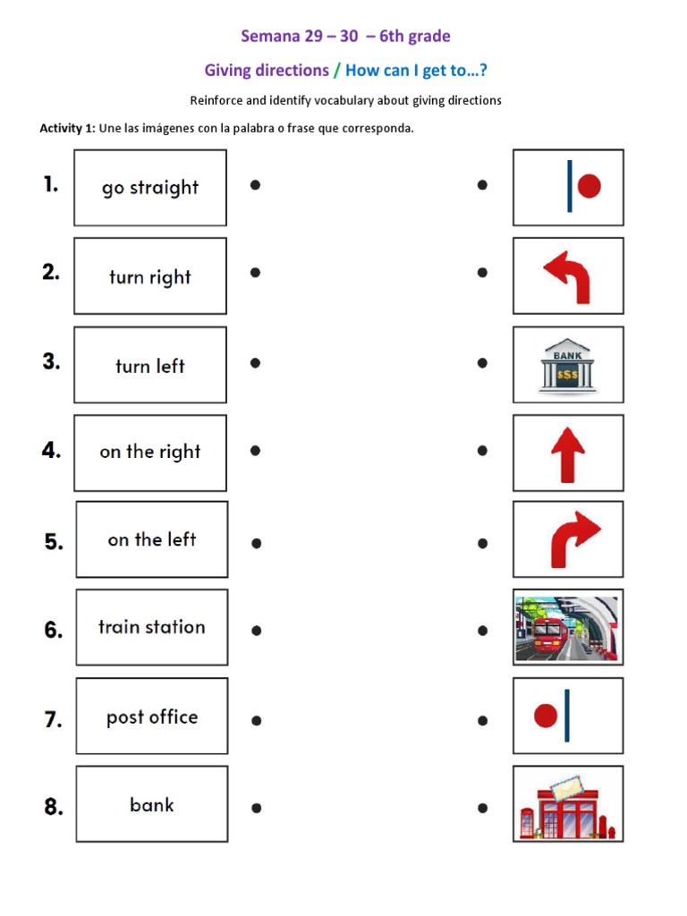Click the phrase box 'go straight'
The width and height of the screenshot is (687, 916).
150,188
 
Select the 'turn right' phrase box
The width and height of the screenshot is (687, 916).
150,276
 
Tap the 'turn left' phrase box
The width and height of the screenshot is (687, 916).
150,365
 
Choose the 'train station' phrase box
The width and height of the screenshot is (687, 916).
151,627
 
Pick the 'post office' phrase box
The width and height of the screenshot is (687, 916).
151,717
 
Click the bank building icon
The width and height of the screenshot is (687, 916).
567,365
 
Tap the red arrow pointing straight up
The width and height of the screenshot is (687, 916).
567,454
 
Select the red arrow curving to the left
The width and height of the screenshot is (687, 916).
567,276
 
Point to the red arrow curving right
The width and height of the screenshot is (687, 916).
572,539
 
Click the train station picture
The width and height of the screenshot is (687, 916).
567,627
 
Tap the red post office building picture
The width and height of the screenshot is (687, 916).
567,805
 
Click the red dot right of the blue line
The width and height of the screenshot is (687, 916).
589,186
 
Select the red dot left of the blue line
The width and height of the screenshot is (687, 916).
545,716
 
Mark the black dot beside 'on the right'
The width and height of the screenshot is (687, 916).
255,451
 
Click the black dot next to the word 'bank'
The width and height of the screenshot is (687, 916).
256,808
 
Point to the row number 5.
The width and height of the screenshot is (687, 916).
54,541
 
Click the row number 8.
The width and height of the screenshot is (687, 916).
54,807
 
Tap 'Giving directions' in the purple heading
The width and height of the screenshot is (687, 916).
267,70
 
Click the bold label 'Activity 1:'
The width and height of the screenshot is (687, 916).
67,128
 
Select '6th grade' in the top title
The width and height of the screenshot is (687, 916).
415,37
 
